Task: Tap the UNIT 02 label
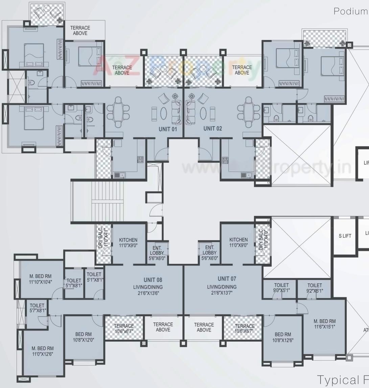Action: pyautogui.click(x=213, y=129)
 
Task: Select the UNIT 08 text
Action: pyautogui.click(x=153, y=280)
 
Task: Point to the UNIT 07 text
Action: pyautogui.click(x=227, y=279)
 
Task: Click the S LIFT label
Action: pyautogui.click(x=345, y=236)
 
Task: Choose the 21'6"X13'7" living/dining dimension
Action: pyautogui.click(x=222, y=293)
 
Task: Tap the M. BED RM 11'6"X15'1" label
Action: pyautogui.click(x=324, y=324)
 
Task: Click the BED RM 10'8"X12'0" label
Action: pyautogui.click(x=84, y=337)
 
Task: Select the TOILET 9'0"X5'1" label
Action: pyautogui.click(x=281, y=288)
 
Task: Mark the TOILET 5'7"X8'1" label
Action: pyautogui.click(x=37, y=308)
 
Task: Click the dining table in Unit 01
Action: pyautogui.click(x=118, y=109)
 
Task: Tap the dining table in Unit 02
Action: pyautogui.click(x=249, y=109)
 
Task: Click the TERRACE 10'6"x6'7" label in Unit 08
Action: pyautogui.click(x=124, y=328)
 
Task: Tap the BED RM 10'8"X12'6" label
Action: pyautogui.click(x=283, y=337)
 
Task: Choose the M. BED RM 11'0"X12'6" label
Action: pyautogui.click(x=43, y=351)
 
